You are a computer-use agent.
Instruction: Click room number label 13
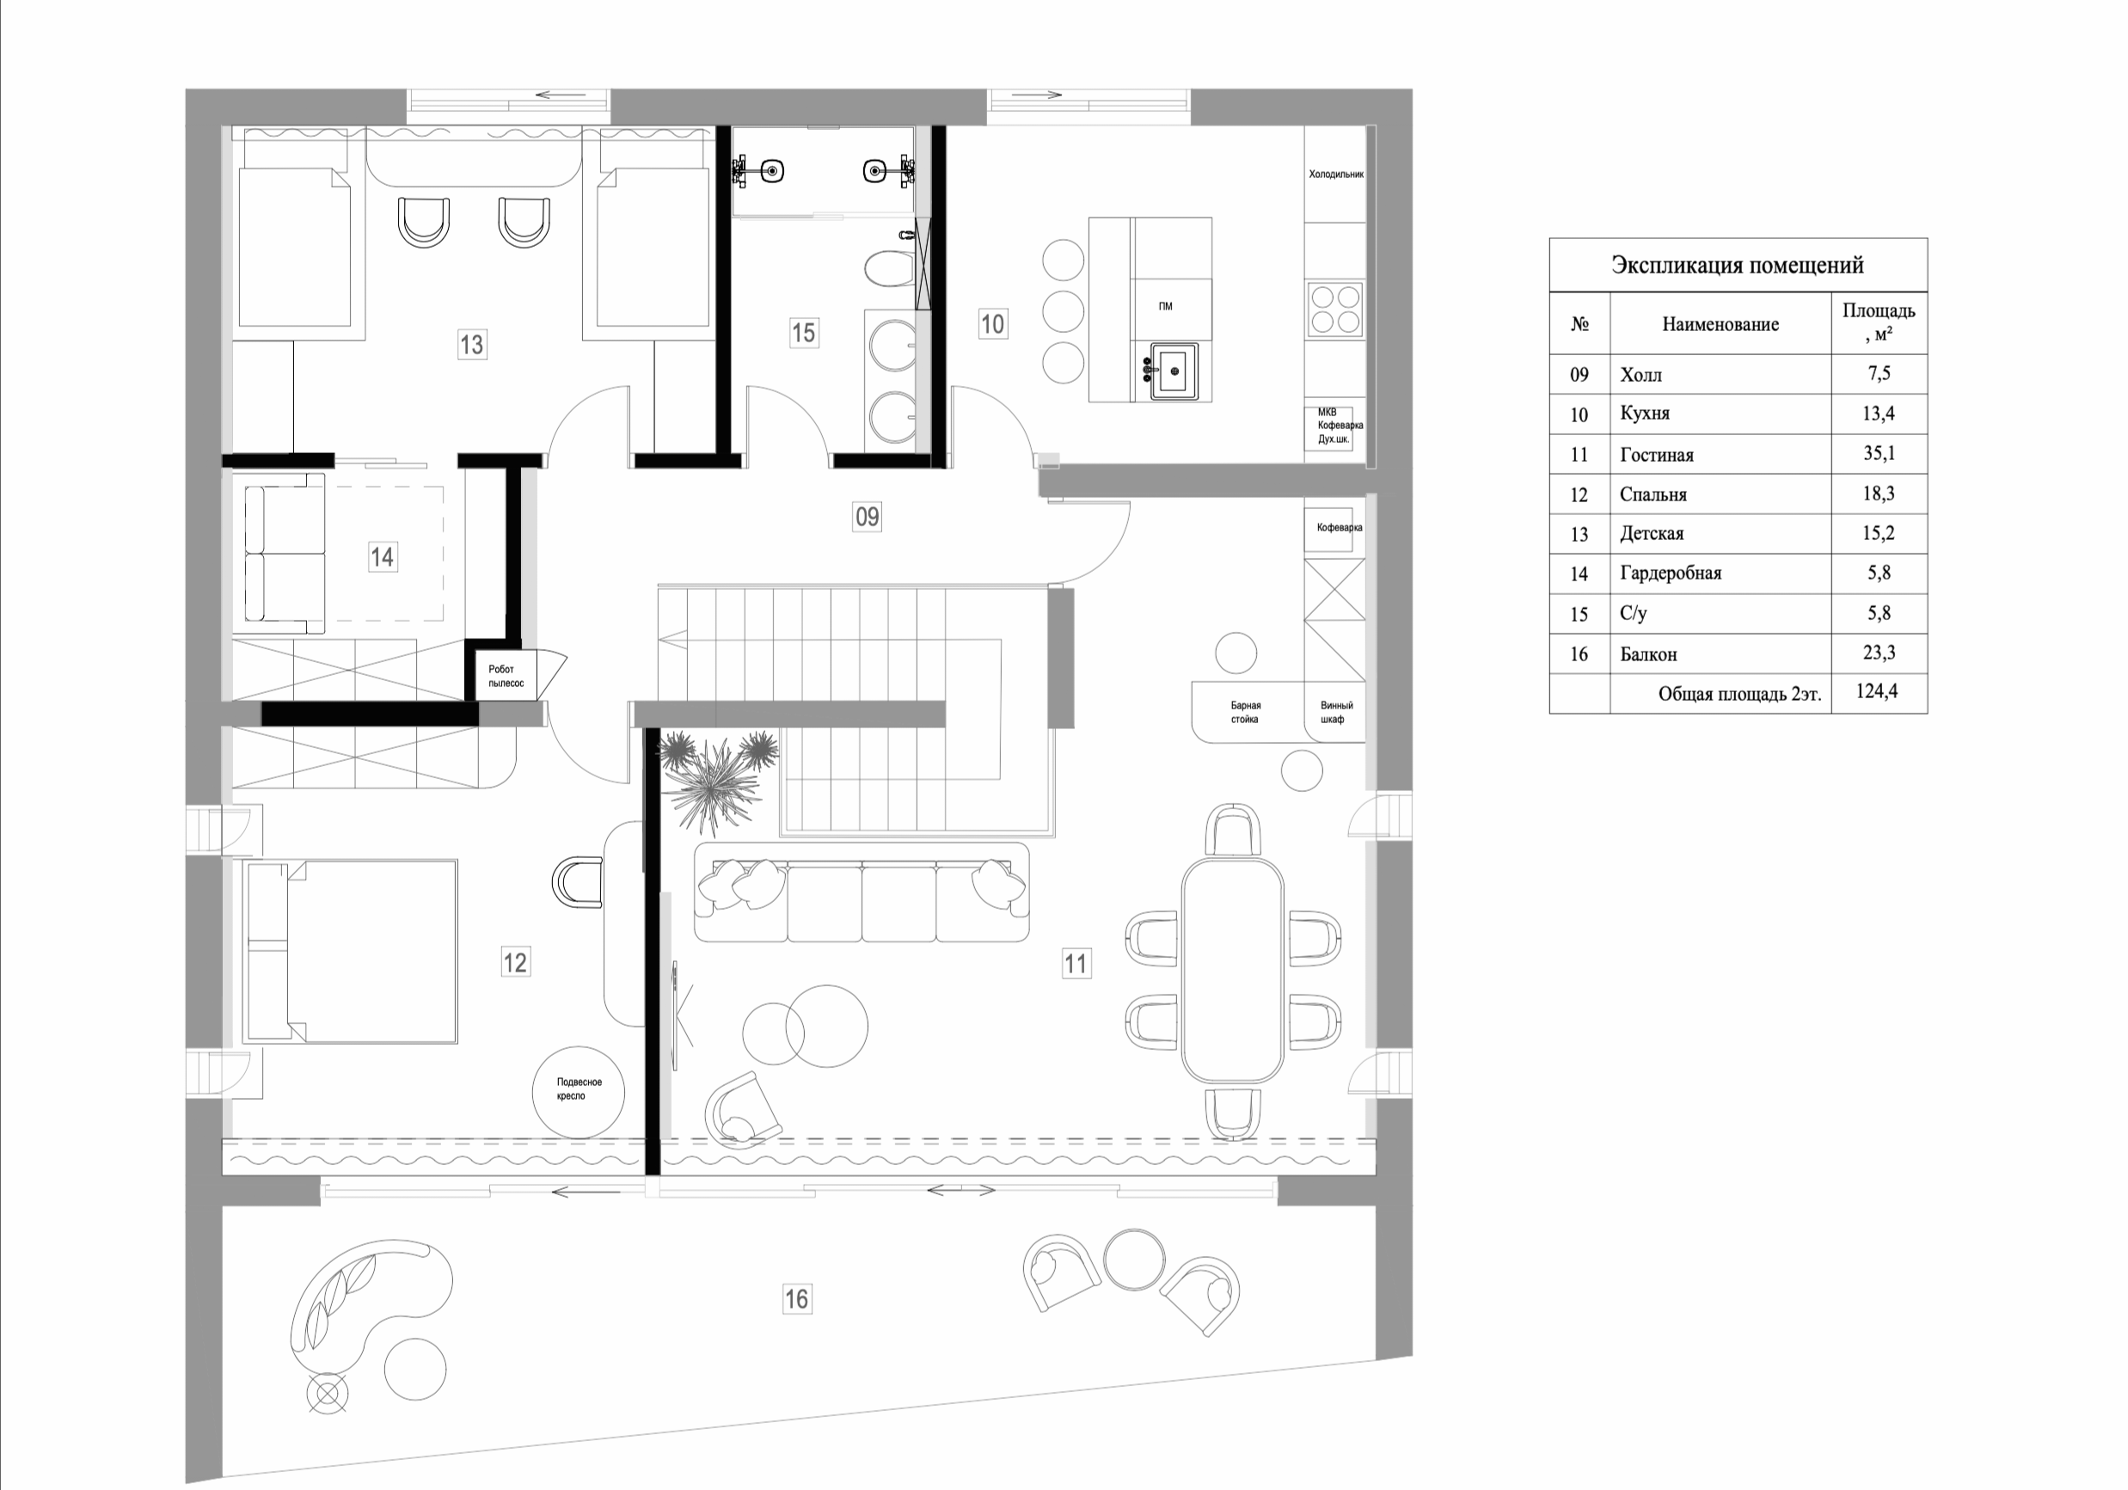[x=471, y=345]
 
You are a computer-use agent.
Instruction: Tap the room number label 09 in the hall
[x=867, y=516]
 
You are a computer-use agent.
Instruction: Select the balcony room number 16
[x=796, y=1299]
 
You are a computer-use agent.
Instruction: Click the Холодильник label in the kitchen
[x=1335, y=175]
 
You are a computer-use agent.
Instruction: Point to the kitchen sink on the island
[x=1174, y=371]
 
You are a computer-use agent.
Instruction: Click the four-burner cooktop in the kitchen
[x=1334, y=310]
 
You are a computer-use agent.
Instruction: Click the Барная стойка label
[x=1245, y=712]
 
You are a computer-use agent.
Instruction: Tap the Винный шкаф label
[x=1335, y=712]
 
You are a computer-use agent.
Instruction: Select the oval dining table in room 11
[x=1232, y=969]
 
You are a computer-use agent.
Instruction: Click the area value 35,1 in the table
[x=1878, y=453]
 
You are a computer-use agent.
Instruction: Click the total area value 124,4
[x=1877, y=692]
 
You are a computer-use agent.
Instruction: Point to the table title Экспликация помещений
[x=1737, y=265]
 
